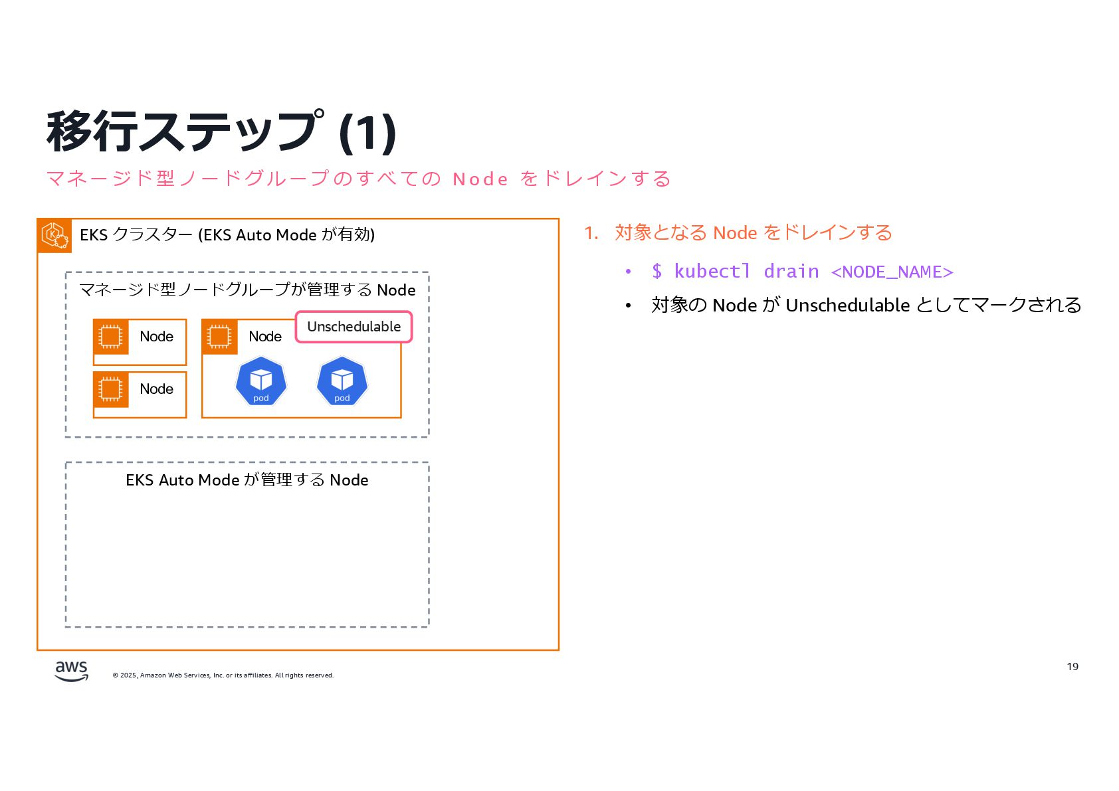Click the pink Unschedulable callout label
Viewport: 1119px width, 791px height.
click(x=354, y=327)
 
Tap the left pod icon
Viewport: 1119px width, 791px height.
click(x=261, y=381)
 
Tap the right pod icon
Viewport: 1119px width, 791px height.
click(x=342, y=381)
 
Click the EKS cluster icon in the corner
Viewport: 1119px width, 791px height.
click(x=54, y=235)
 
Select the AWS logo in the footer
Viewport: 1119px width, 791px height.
click(x=71, y=671)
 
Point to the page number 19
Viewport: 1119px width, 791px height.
click(x=1072, y=667)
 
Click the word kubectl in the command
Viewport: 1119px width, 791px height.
click(x=712, y=272)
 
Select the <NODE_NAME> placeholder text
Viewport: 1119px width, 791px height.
click(x=892, y=272)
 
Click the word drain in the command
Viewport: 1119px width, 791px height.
click(x=791, y=272)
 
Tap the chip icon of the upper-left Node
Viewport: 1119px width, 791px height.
click(x=111, y=337)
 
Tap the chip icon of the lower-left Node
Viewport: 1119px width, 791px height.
click(x=111, y=389)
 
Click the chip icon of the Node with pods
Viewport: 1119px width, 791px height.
click(x=219, y=337)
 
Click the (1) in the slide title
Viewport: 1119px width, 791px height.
click(x=367, y=132)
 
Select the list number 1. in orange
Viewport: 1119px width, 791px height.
click(x=591, y=233)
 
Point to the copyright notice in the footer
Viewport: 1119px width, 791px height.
click(x=223, y=675)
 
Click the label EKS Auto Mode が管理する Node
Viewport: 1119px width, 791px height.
click(x=247, y=480)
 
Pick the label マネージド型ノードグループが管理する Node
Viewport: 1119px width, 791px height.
click(x=247, y=290)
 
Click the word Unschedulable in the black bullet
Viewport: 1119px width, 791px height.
click(x=847, y=306)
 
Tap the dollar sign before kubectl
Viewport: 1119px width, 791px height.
click(x=657, y=272)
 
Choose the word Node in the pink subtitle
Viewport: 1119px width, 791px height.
click(x=480, y=179)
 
